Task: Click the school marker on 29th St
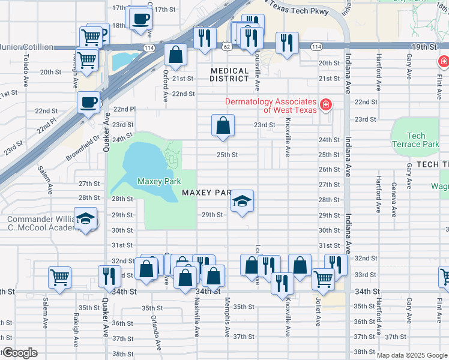tap(242, 201)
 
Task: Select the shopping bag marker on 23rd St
tap(223, 126)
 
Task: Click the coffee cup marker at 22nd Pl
tap(89, 102)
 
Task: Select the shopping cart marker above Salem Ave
tap(60, 277)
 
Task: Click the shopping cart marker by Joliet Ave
tap(323, 279)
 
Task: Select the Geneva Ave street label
tap(394, 198)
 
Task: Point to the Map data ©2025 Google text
tap(412, 355)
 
